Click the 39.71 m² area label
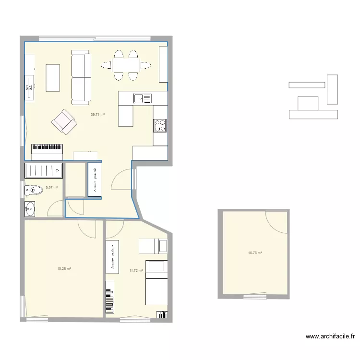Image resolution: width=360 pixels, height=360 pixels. pos(97,115)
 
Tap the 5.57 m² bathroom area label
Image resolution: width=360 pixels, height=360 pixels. pos(51,188)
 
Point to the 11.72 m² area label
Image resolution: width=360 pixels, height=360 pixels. pos(136,271)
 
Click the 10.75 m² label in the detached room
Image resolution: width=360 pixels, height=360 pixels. pos(255,252)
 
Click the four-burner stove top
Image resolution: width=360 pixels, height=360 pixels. pos(160,125)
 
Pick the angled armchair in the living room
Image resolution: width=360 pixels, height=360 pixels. pos(64,121)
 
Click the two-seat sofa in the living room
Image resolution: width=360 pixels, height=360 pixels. pos(81,78)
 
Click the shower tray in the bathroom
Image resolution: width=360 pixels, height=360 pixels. pos(43,170)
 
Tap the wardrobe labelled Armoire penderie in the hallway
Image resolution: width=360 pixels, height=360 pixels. pos(94,180)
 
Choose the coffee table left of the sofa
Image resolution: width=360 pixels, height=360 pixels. pos(52,78)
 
